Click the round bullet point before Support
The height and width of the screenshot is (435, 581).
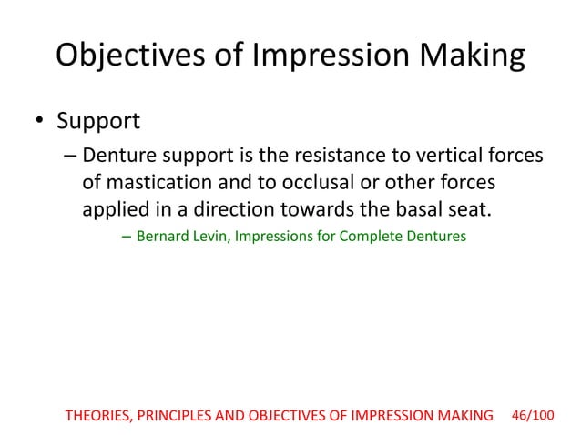[40, 121]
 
